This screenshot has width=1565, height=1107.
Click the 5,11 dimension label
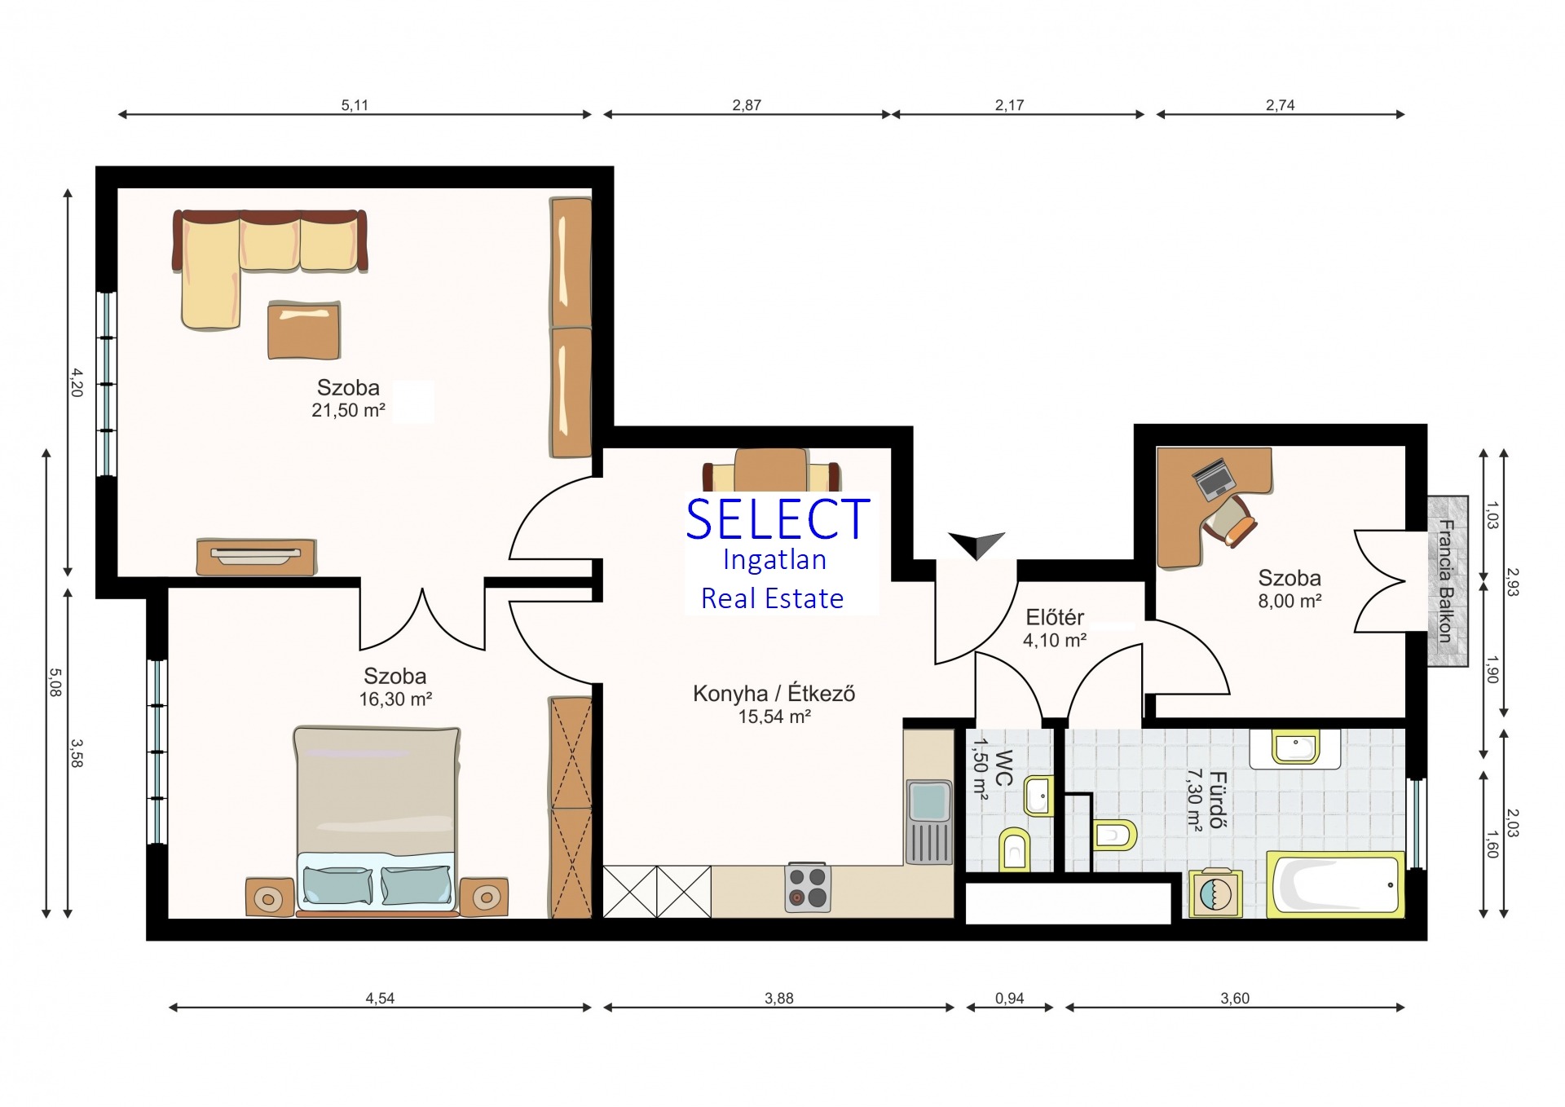click(x=355, y=105)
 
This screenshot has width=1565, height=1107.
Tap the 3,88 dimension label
click(x=778, y=998)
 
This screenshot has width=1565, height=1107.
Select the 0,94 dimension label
click(x=1009, y=998)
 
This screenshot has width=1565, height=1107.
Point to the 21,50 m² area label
click(x=348, y=410)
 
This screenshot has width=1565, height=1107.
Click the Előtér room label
click(x=1055, y=617)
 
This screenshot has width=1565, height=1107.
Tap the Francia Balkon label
click(x=1446, y=581)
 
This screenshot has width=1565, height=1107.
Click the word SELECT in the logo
click(x=778, y=519)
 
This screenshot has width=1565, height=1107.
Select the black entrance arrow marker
click(x=976, y=544)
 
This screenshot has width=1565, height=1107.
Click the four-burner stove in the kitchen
click(x=807, y=888)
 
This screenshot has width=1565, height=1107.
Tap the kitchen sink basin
click(x=928, y=801)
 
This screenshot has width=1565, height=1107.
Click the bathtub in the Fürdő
click(x=1335, y=884)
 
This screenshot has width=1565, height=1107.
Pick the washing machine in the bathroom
click(x=1215, y=893)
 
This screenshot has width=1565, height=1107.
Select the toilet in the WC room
click(x=1015, y=849)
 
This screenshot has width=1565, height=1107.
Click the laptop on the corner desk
click(x=1214, y=479)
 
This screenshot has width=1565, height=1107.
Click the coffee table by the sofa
click(x=304, y=329)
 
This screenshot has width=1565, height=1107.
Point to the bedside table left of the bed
click(x=270, y=898)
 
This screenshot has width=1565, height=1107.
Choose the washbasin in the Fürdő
click(x=1295, y=748)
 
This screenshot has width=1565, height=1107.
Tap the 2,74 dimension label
click(x=1280, y=105)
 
